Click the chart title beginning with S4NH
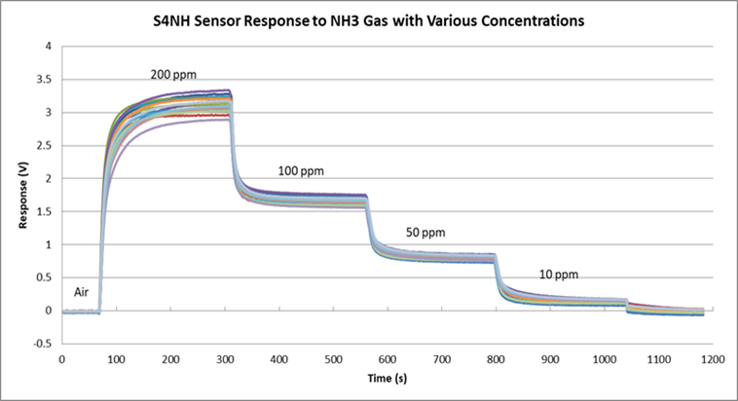click(x=368, y=20)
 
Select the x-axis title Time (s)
click(x=385, y=376)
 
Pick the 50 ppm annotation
click(x=425, y=233)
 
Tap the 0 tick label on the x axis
click(x=62, y=358)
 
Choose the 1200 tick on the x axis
click(x=711, y=358)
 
